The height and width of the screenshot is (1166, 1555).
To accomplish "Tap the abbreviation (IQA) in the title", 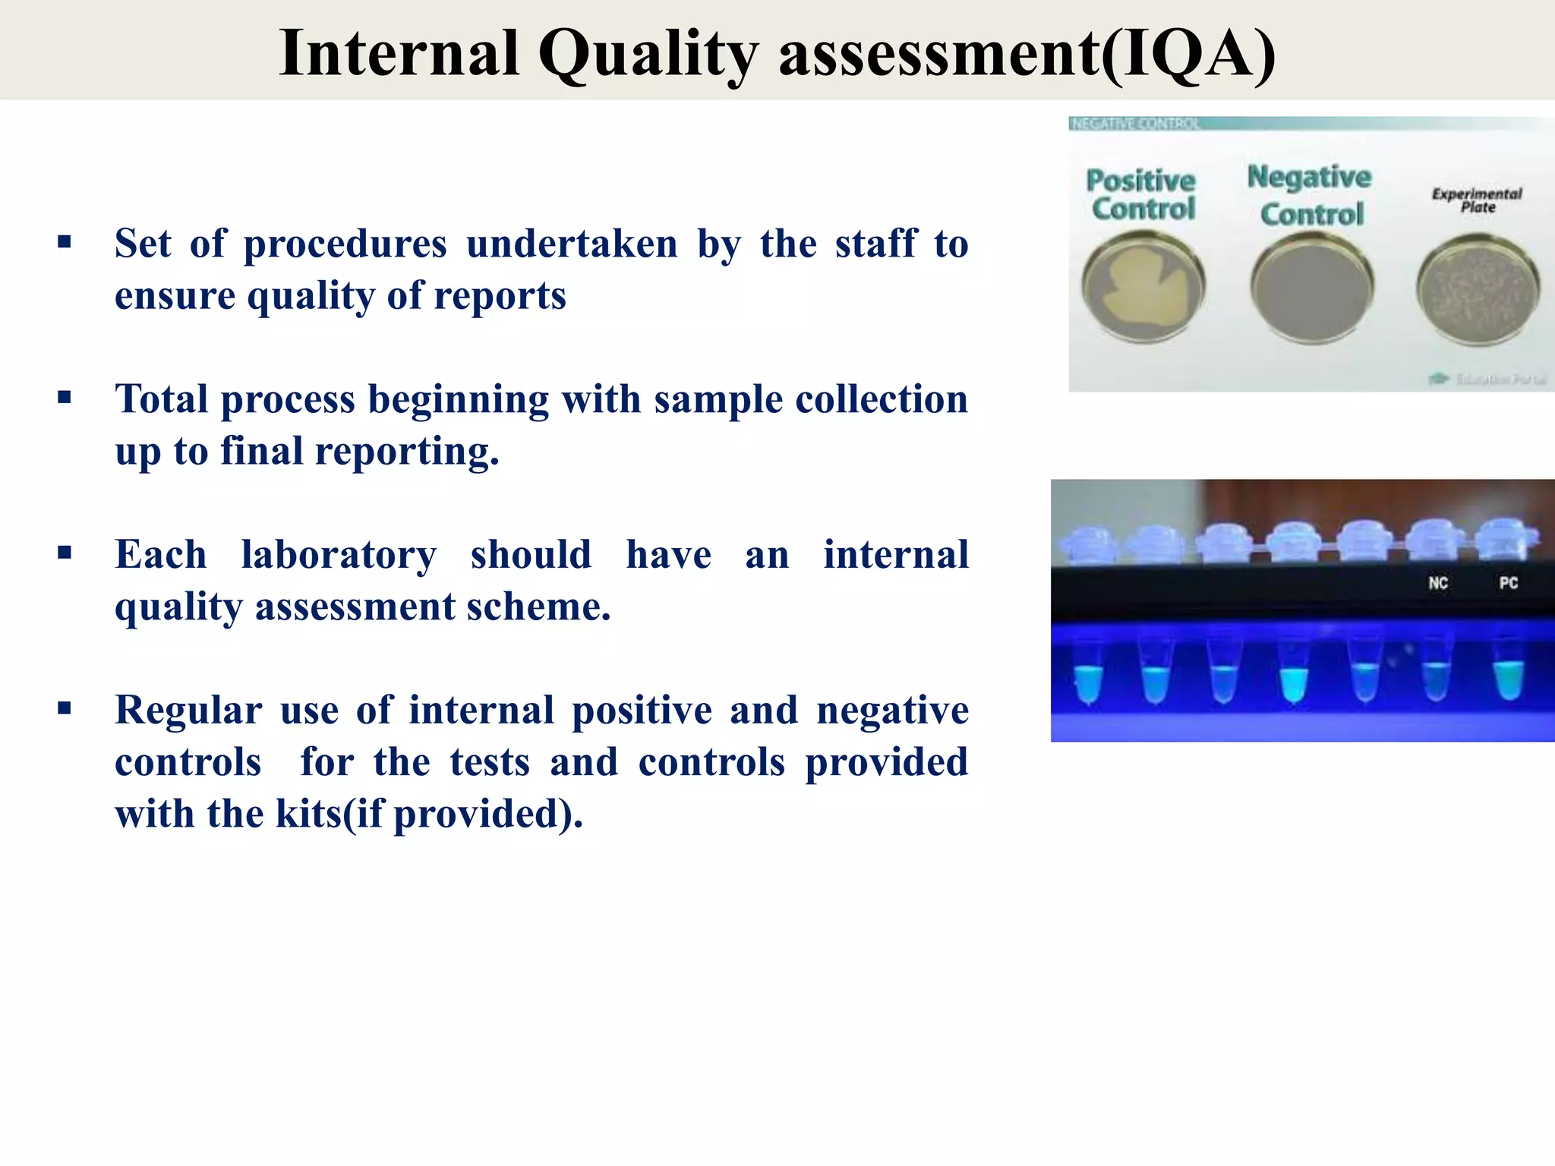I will click(x=1188, y=55).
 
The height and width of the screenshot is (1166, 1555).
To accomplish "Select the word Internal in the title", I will click(x=399, y=55).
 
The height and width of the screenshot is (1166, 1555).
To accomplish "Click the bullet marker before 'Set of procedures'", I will click(x=65, y=243).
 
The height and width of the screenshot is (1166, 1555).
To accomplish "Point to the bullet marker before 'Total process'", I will click(x=65, y=398).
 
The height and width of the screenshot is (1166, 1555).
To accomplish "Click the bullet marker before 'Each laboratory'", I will click(x=65, y=553).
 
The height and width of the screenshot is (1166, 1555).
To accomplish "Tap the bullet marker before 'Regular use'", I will click(x=65, y=709).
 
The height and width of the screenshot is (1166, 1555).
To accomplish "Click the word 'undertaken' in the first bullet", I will click(x=571, y=244).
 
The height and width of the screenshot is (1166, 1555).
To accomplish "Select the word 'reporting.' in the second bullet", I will click(x=406, y=451).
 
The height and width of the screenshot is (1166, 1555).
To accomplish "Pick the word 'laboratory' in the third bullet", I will click(x=339, y=555).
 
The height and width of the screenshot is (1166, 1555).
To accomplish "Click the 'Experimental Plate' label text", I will click(x=1477, y=200).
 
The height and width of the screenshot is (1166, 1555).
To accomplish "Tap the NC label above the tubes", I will click(x=1438, y=583).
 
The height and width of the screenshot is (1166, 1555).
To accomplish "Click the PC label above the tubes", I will click(x=1509, y=583).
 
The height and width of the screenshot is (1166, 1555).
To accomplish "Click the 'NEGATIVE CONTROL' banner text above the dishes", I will click(x=1135, y=124).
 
